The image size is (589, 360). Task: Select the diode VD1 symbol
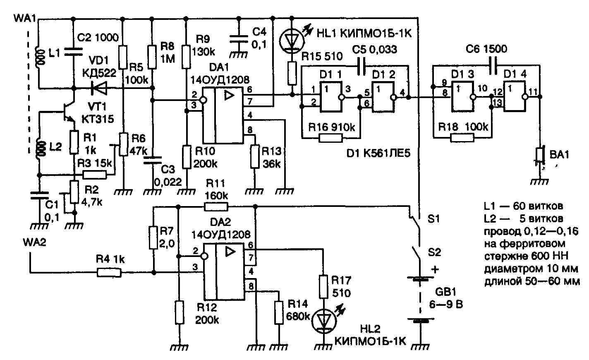tap(98, 88)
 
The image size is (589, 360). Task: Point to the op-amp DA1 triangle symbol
tap(229, 96)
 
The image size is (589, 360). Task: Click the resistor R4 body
tap(109, 272)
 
